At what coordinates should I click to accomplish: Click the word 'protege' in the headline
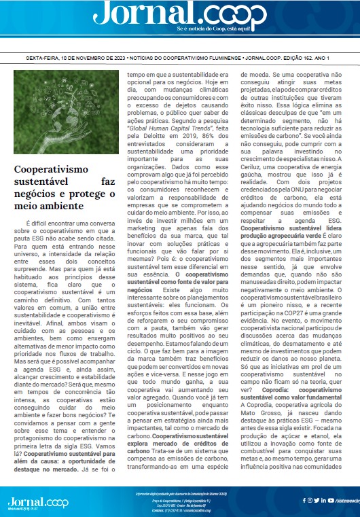(x=73, y=194)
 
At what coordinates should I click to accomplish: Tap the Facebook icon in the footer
(x=303, y=501)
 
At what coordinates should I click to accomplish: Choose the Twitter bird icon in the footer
(x=317, y=501)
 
